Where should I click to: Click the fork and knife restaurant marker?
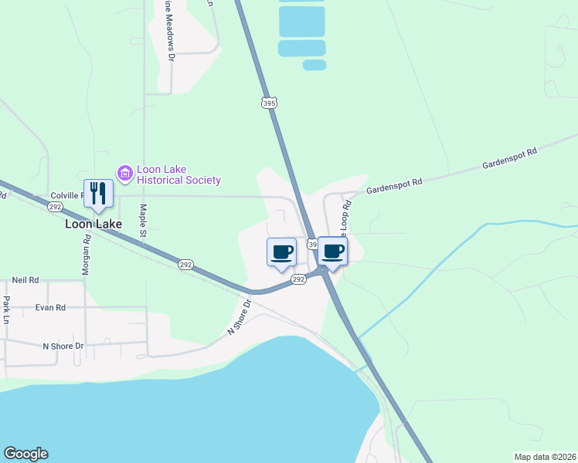point(98,193)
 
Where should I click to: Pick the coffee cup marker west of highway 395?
point(281,252)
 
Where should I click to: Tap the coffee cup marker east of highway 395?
point(332,251)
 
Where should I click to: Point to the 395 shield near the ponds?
point(269,103)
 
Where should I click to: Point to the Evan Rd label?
point(50,307)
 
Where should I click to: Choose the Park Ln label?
point(7,309)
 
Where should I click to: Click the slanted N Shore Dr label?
point(240,316)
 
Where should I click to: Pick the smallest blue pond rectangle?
point(314,65)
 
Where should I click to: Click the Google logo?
point(25,454)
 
